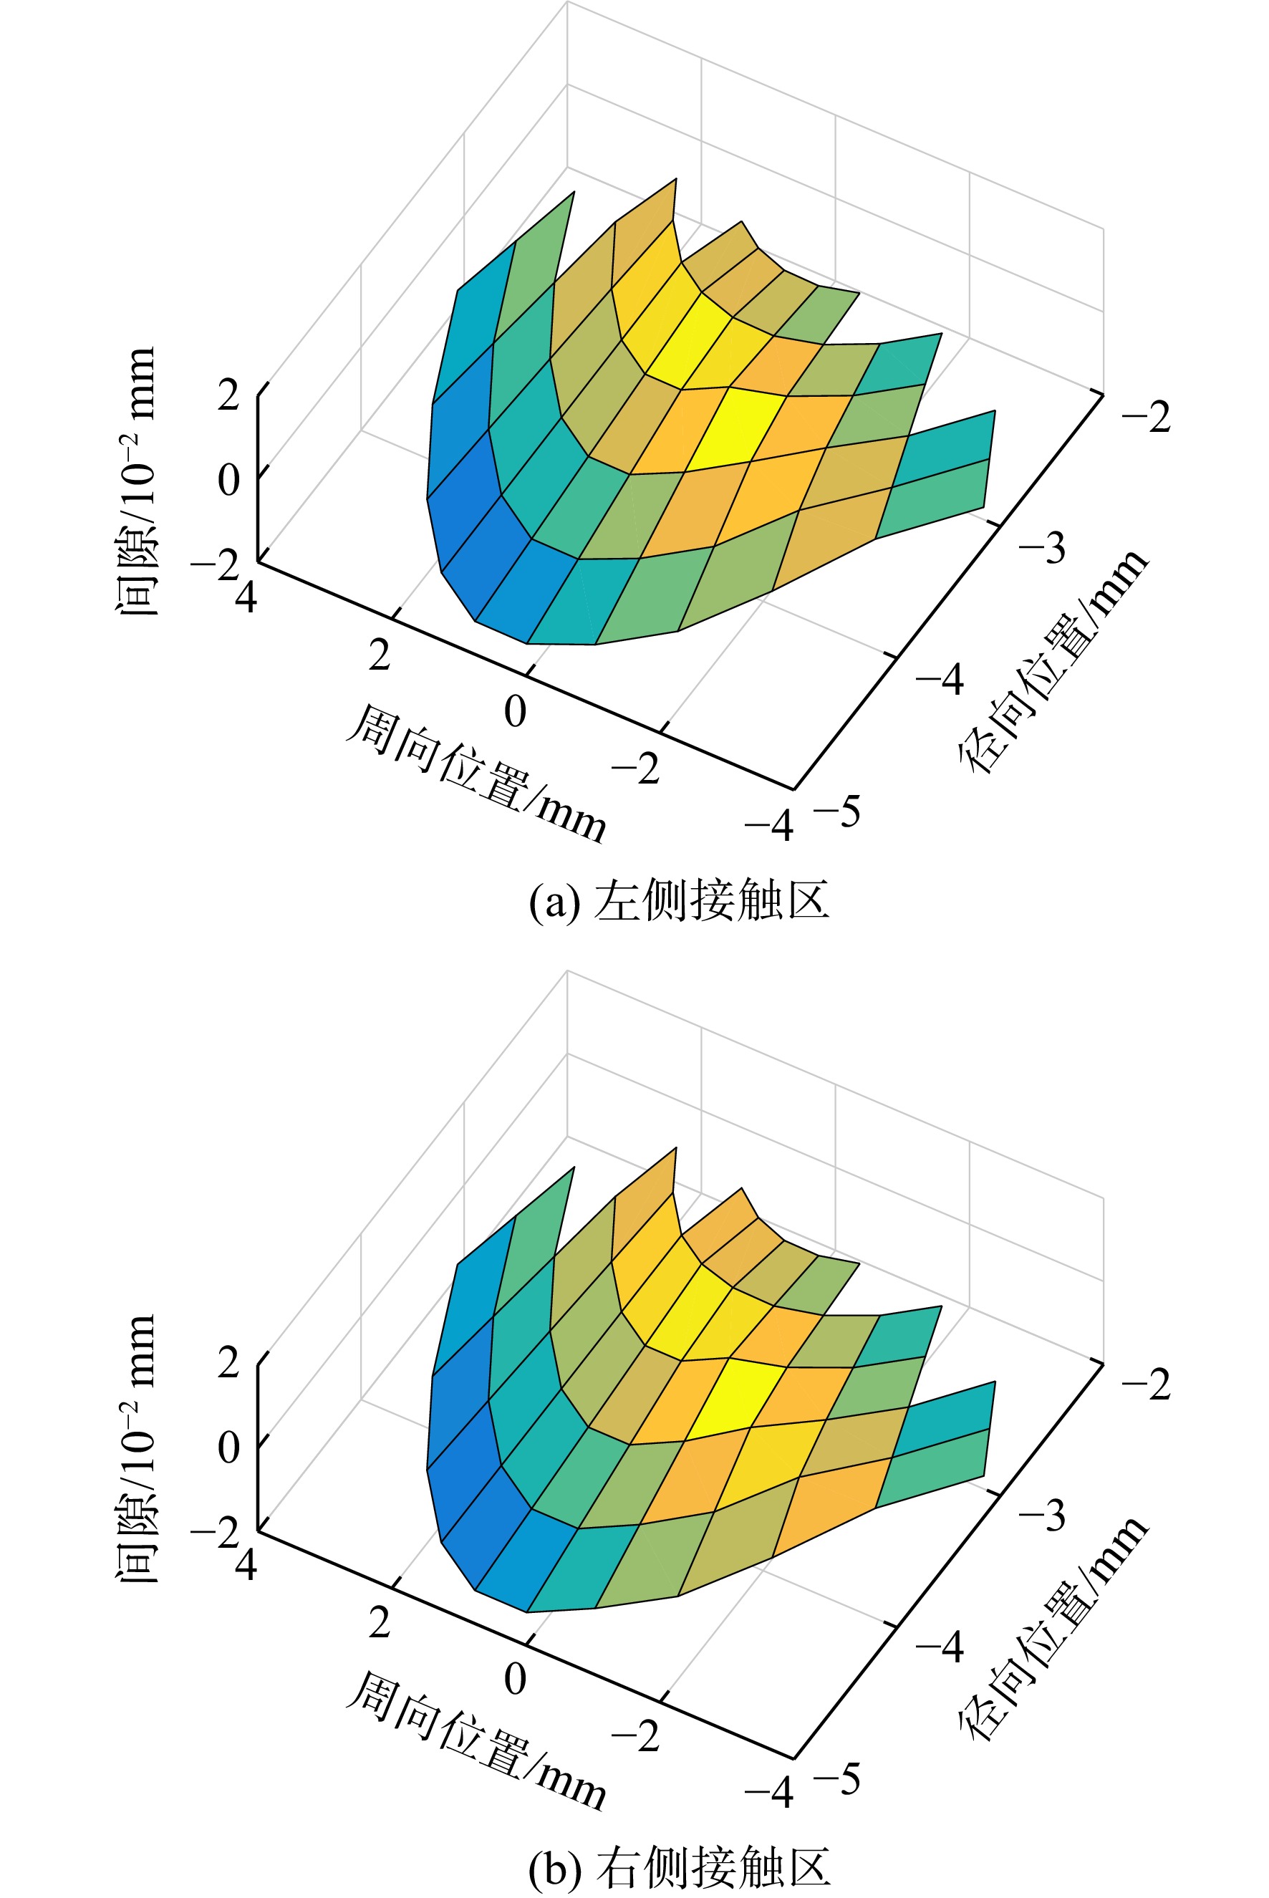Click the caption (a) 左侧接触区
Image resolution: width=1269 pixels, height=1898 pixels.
pyautogui.click(x=678, y=900)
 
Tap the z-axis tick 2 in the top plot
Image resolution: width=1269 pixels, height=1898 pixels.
pyautogui.click(x=229, y=396)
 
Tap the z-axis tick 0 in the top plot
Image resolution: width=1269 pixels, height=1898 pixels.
pyautogui.click(x=229, y=479)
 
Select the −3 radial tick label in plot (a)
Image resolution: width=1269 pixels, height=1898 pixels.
pyautogui.click(x=1043, y=548)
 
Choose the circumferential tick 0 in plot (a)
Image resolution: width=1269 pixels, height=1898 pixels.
pyautogui.click(x=516, y=712)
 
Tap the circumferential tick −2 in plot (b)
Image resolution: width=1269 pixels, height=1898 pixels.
pyautogui.click(x=635, y=1736)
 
